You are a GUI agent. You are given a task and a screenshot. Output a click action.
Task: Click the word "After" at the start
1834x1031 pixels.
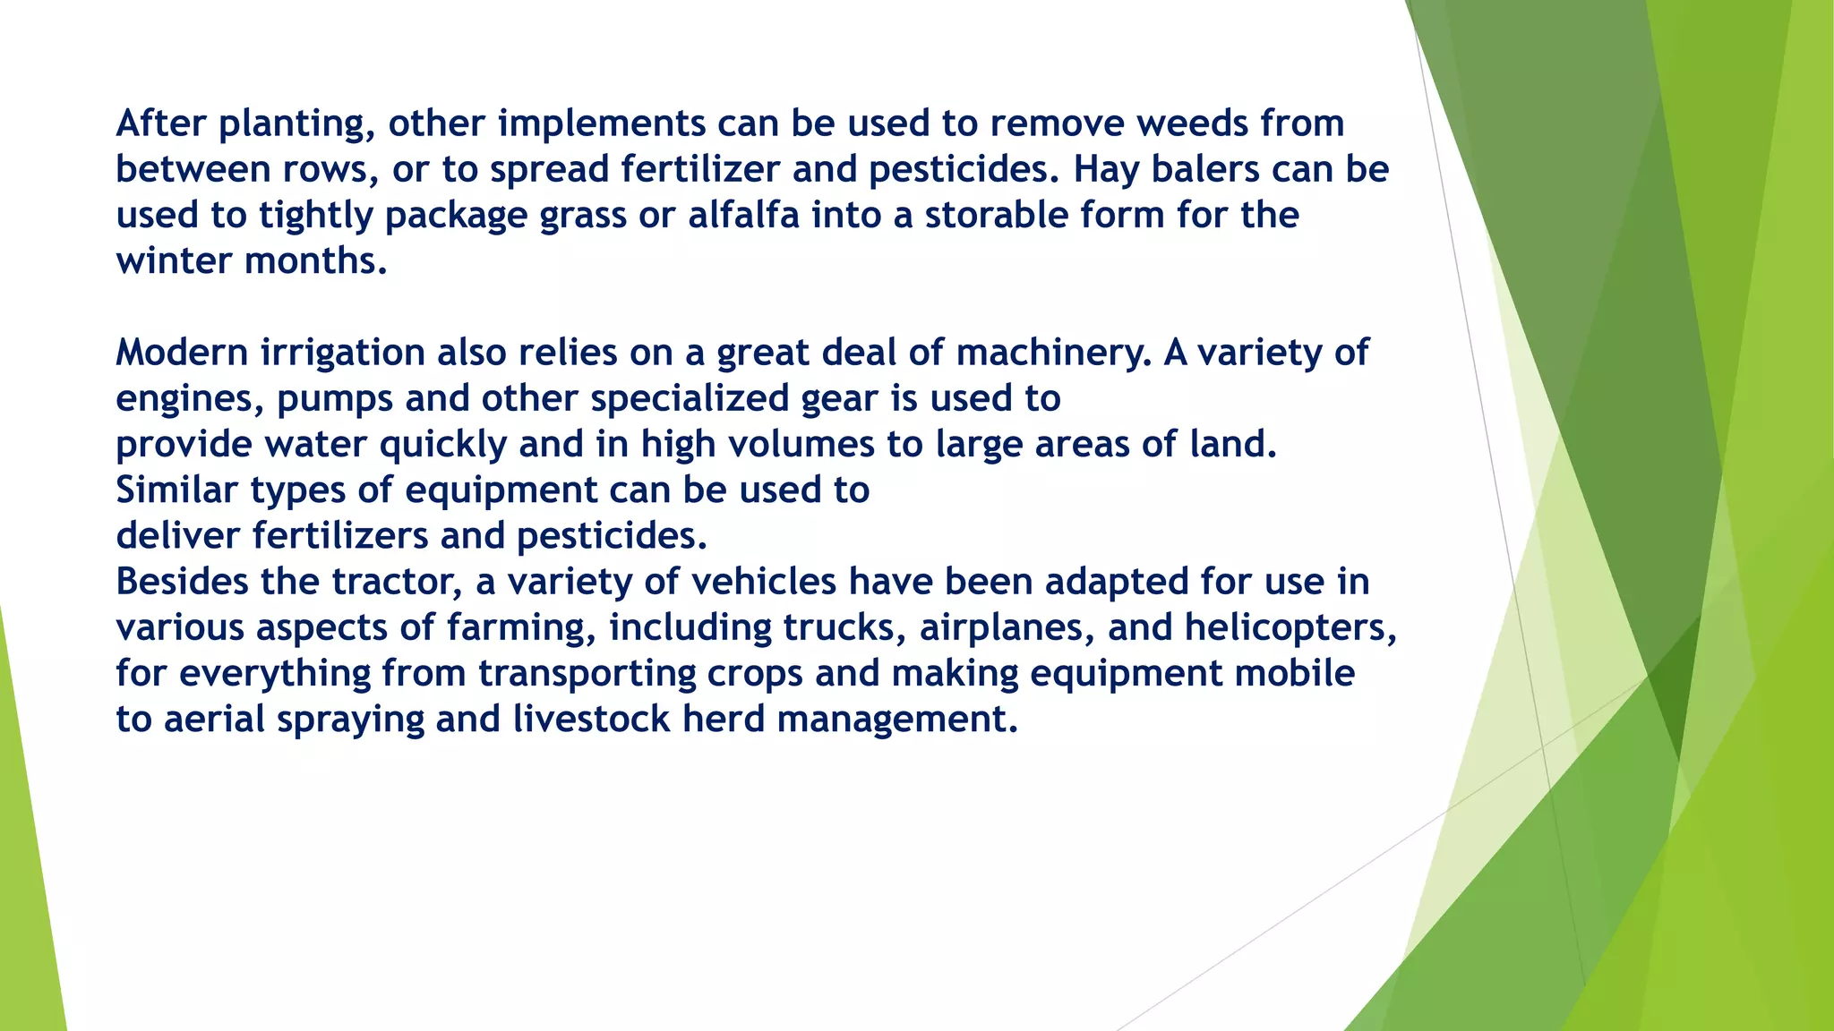[x=161, y=124]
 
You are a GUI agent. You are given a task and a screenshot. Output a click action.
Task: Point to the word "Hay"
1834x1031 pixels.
[x=1106, y=169]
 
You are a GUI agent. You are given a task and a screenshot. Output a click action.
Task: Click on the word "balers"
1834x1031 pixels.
[x=1205, y=169]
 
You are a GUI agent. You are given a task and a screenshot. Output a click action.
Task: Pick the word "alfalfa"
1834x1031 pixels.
[x=743, y=215]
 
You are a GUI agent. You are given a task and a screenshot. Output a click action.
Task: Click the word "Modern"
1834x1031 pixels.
[x=182, y=353]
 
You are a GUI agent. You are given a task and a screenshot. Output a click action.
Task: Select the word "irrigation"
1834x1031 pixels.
[x=342, y=353]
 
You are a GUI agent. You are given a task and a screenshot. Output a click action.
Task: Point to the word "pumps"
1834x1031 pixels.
[x=335, y=398]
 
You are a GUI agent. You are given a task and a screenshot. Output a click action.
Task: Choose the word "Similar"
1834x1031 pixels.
[x=176, y=490]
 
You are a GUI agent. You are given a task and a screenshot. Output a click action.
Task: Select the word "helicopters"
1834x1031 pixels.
[x=1290, y=627]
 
